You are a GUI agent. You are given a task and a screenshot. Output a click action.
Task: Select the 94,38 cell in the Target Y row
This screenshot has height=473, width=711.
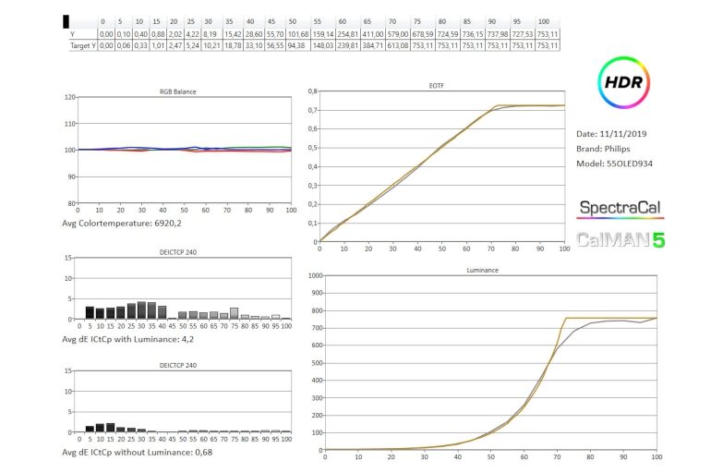(x=296, y=44)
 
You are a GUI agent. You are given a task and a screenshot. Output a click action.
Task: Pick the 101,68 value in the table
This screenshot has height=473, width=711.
(x=296, y=32)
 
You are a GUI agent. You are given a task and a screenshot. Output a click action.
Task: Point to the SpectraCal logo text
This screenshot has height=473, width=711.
(x=620, y=209)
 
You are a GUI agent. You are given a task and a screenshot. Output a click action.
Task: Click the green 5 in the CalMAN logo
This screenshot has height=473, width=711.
(x=657, y=240)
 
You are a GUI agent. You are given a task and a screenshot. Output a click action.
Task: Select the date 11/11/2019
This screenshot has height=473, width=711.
(x=624, y=134)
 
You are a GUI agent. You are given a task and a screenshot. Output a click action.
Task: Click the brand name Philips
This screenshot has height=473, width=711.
(x=628, y=150)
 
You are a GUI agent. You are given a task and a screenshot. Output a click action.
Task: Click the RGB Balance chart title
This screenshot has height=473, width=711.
(x=178, y=91)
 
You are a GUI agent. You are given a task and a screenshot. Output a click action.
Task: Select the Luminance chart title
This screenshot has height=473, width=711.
(x=488, y=270)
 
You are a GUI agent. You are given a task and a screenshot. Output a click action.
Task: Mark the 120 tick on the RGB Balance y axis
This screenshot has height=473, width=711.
(x=67, y=97)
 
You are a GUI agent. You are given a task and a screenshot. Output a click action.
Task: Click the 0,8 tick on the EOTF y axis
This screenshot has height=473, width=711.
(x=311, y=91)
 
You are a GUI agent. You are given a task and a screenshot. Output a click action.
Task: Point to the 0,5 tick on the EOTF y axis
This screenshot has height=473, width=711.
(x=311, y=147)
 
